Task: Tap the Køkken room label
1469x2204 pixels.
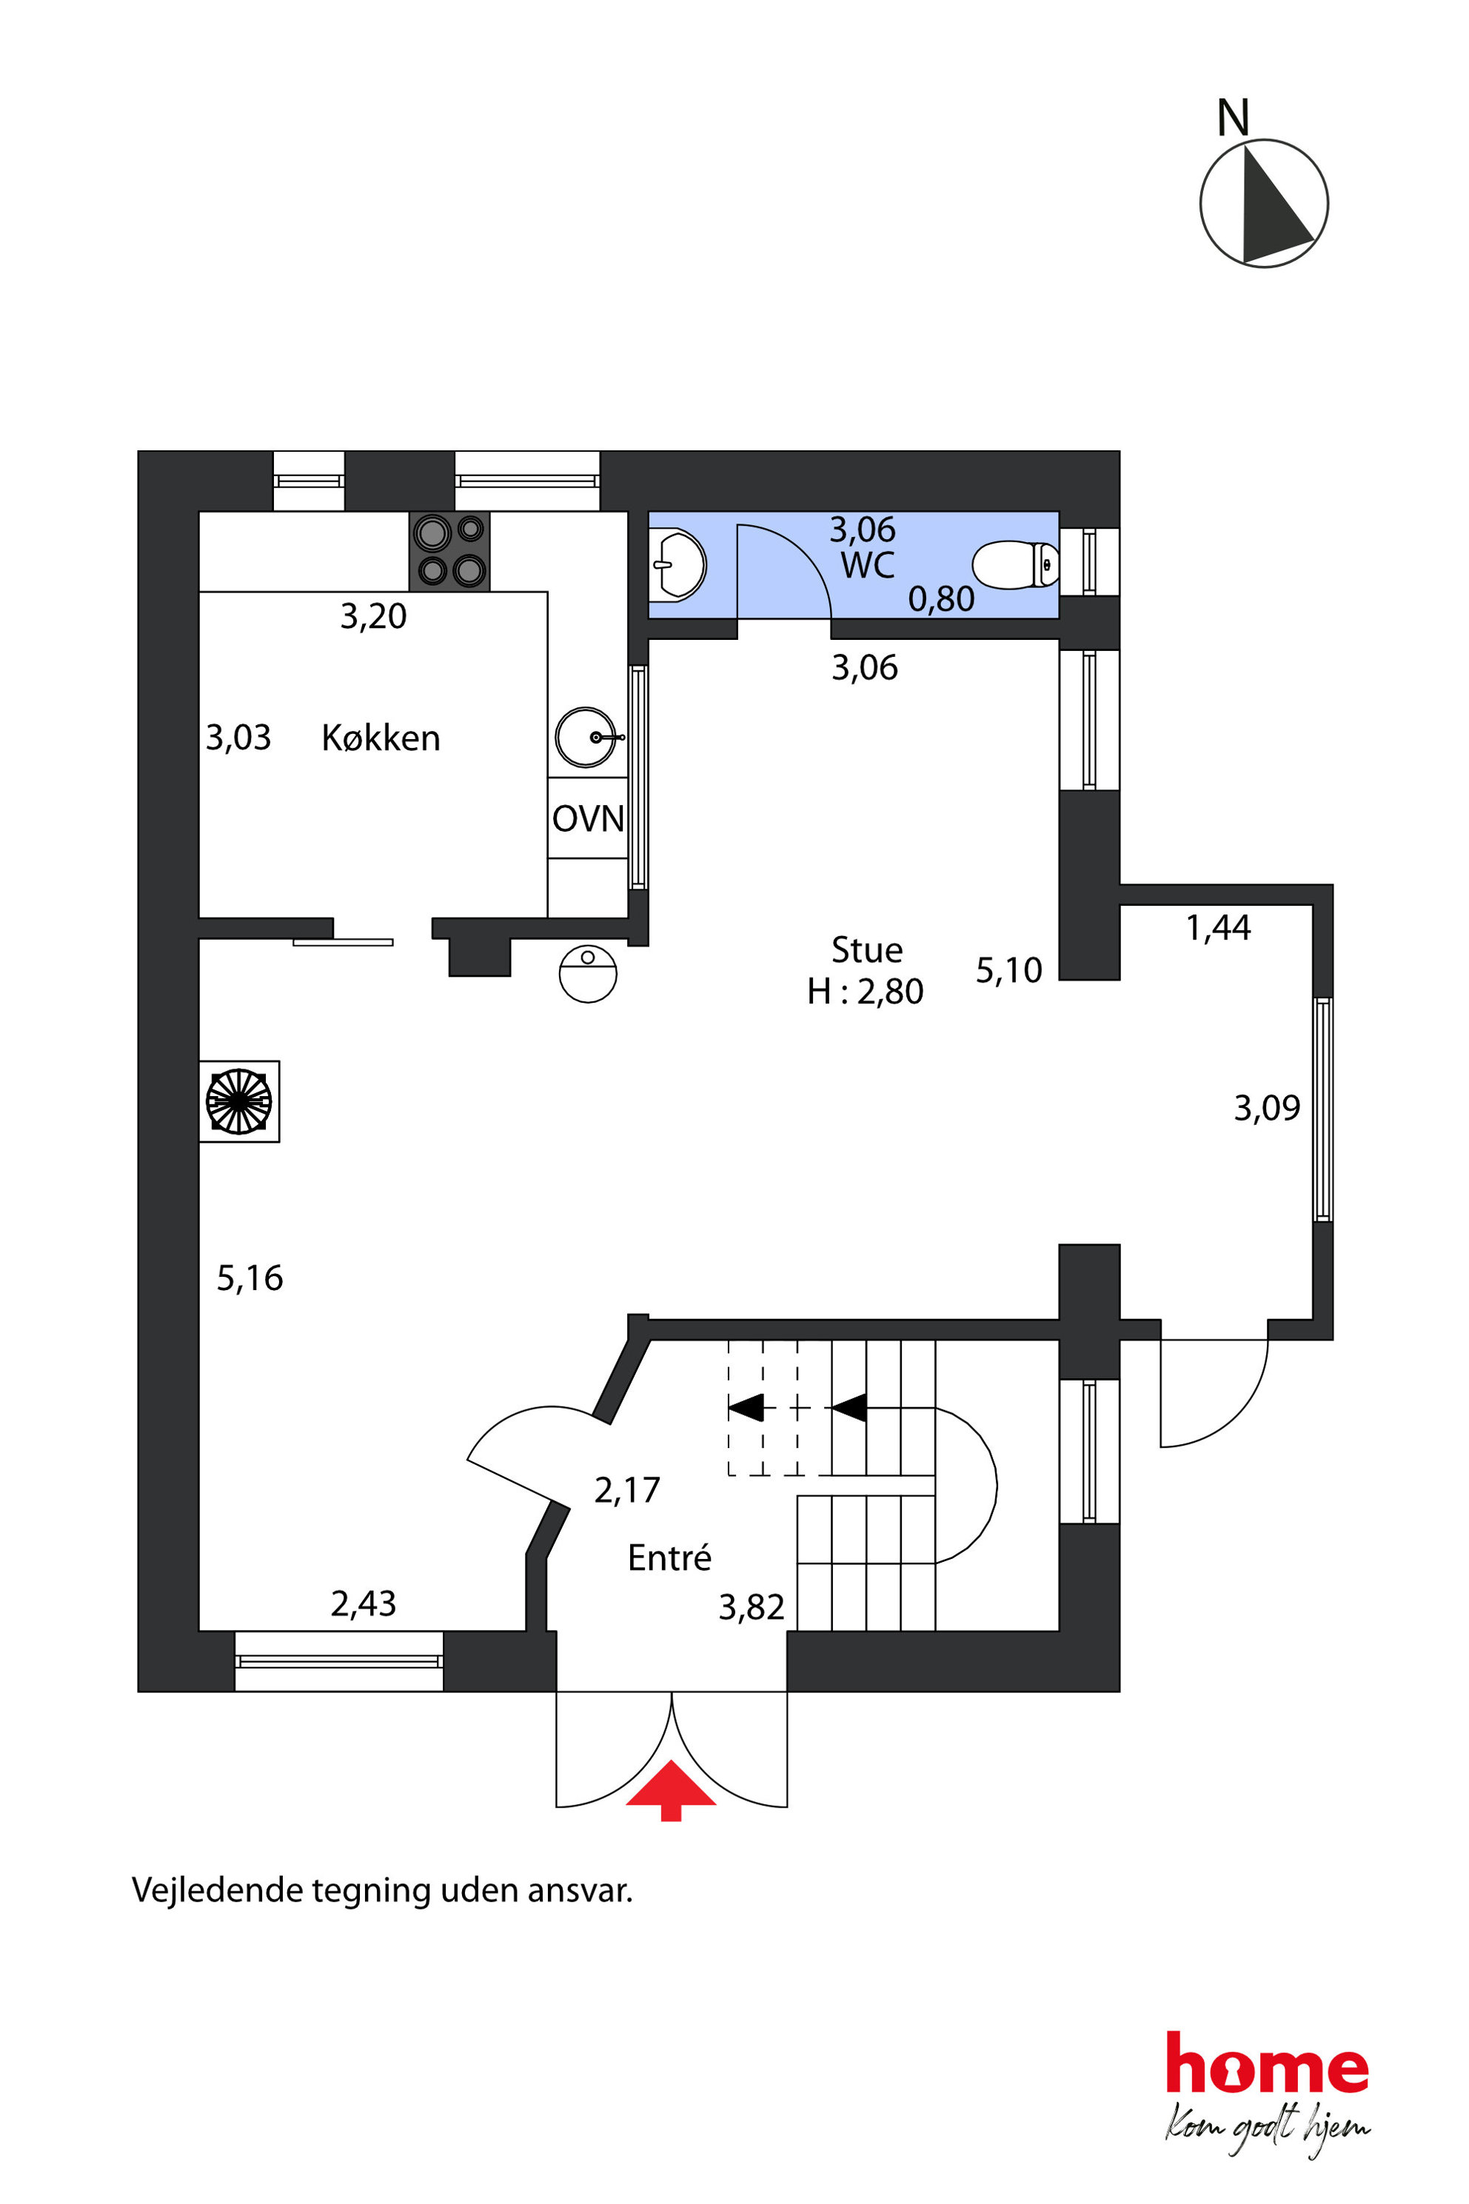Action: click(381, 738)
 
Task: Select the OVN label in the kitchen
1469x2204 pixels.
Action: click(587, 819)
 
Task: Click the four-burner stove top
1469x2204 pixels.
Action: click(449, 551)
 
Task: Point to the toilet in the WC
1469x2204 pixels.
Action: click(1016, 565)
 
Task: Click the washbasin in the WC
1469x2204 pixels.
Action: click(677, 565)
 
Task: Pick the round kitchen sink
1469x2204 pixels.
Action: click(586, 738)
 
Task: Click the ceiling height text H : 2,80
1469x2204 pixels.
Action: click(865, 992)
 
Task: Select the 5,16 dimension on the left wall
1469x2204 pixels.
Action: click(250, 1279)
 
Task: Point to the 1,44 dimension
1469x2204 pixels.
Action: click(1218, 928)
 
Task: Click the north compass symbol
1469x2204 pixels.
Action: click(1264, 204)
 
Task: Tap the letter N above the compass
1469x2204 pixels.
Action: click(1233, 118)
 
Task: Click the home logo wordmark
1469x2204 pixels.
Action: click(1267, 2063)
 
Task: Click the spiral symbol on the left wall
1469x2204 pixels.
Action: click(239, 1101)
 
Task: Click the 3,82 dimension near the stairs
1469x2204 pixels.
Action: click(752, 1608)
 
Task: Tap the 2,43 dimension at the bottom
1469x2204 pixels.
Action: click(364, 1604)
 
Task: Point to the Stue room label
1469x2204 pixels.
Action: click(866, 950)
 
